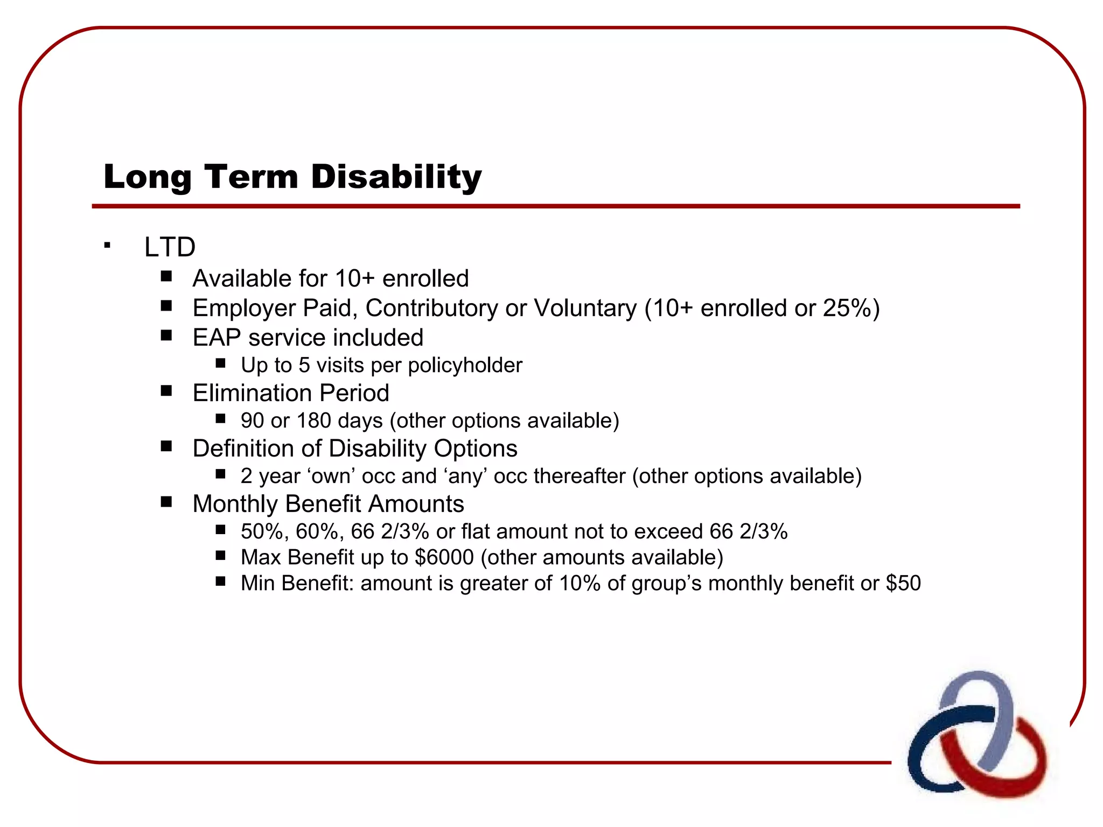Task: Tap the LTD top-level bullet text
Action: click(x=170, y=247)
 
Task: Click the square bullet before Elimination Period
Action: click(x=166, y=391)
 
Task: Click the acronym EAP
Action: click(x=217, y=338)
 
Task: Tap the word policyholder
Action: click(x=465, y=366)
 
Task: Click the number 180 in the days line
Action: click(x=313, y=420)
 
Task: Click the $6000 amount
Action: click(x=444, y=557)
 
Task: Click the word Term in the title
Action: click(x=251, y=177)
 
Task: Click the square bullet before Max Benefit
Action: click(x=220, y=556)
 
